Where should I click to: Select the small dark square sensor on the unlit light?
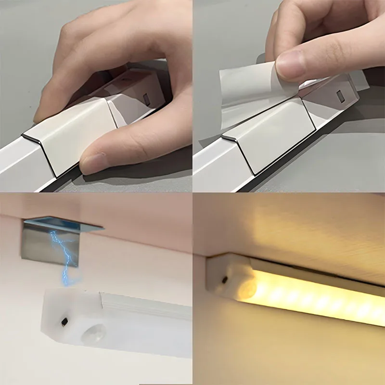point(64,320)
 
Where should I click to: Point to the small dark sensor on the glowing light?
point(225,279)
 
